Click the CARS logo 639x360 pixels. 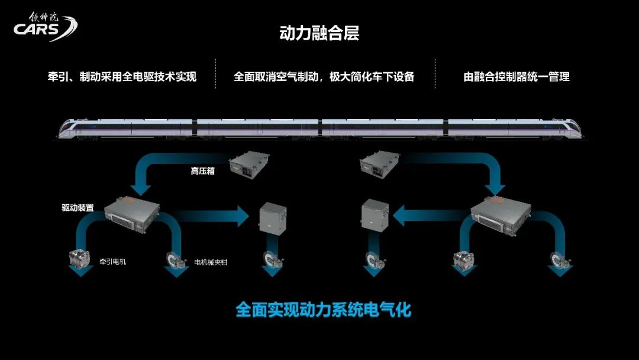[45, 27]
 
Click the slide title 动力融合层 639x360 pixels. [319, 33]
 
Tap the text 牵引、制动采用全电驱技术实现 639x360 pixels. [122, 77]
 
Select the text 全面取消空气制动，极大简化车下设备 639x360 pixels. [324, 77]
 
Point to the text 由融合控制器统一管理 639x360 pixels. [517, 77]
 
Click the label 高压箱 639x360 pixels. [202, 171]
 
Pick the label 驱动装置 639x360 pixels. [78, 208]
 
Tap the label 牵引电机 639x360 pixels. [110, 261]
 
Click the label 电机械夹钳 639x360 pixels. [211, 262]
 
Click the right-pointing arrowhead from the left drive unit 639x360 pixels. [243, 216]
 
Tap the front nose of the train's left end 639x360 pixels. [65, 128]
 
